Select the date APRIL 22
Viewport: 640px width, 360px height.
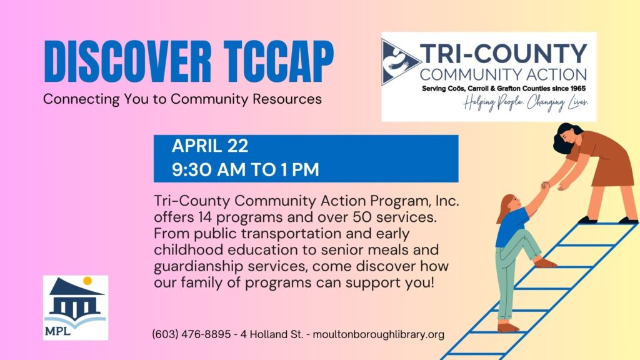[210, 146]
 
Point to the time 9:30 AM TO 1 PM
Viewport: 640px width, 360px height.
[246, 169]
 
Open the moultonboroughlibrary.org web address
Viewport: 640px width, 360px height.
[378, 334]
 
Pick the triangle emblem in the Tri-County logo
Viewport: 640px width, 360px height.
[401, 62]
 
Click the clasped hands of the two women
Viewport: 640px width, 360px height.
[546, 186]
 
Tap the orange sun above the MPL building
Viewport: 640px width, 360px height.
[87, 281]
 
